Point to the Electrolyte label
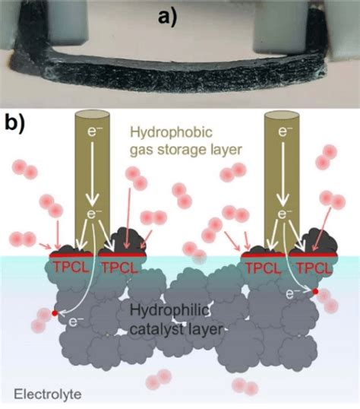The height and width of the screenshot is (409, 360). click(48, 395)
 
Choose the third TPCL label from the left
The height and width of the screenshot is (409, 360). click(260, 266)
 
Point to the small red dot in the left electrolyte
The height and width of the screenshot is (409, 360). click(54, 312)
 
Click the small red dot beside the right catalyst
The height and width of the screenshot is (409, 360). click(314, 291)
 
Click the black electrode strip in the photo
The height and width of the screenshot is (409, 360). click(180, 82)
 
